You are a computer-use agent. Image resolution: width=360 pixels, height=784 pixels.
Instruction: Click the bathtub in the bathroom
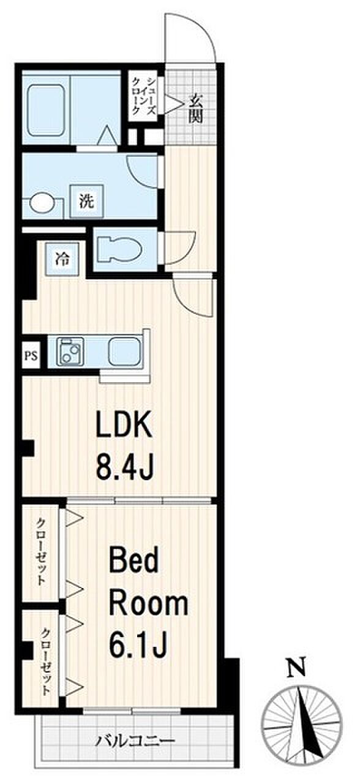pos(46,111)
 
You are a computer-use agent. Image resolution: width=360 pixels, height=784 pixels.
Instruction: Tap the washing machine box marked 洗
pos(87,202)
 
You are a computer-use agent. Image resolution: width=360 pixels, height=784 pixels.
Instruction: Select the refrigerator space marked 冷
pos(62,260)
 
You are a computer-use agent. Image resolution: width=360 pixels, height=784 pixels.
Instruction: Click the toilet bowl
pos(119,250)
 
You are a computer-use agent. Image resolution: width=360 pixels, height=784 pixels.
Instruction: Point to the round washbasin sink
pos(42,203)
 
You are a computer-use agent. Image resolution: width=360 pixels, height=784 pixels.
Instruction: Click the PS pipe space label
pos(31,356)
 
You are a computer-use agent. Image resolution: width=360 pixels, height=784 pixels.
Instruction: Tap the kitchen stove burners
pos(70,352)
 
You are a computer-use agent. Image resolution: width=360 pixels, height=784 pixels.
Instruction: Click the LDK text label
pos(124,424)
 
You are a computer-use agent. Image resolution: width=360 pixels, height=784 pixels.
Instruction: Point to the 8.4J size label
pos(124,466)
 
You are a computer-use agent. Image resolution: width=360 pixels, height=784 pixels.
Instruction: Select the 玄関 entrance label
pos(195,108)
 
